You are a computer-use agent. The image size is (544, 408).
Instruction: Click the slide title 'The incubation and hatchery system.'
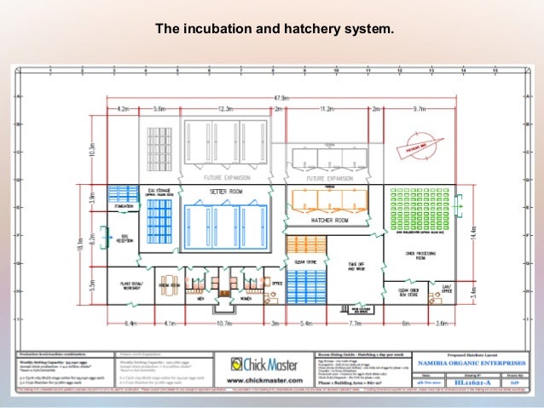click(274, 31)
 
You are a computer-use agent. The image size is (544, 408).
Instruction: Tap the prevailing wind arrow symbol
click(417, 150)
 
